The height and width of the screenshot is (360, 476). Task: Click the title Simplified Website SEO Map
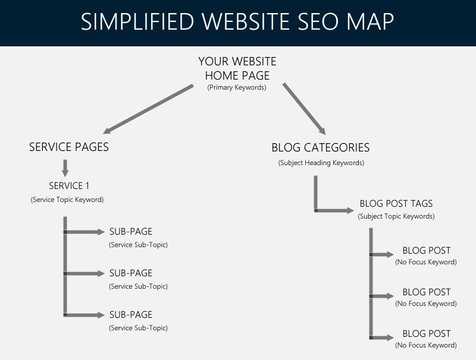[237, 21]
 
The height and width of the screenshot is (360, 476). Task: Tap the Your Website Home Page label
[237, 68]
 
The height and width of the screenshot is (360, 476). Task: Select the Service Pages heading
[69, 147]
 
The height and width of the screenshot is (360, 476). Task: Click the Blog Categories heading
[321, 147]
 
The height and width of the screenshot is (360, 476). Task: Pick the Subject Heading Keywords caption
[321, 163]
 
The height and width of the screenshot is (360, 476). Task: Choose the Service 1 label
[69, 185]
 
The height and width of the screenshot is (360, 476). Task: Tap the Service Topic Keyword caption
[67, 200]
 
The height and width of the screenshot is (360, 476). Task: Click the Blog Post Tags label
[396, 204]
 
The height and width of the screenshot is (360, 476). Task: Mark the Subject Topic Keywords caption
[396, 217]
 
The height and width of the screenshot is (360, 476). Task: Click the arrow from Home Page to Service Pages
[149, 109]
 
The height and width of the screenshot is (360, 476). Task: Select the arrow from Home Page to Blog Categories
[303, 109]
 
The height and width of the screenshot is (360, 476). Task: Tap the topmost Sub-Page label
[131, 232]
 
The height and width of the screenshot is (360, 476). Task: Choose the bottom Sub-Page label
[131, 315]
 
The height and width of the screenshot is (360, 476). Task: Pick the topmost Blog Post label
[427, 251]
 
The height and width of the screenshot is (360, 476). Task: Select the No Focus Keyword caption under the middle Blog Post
[426, 304]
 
